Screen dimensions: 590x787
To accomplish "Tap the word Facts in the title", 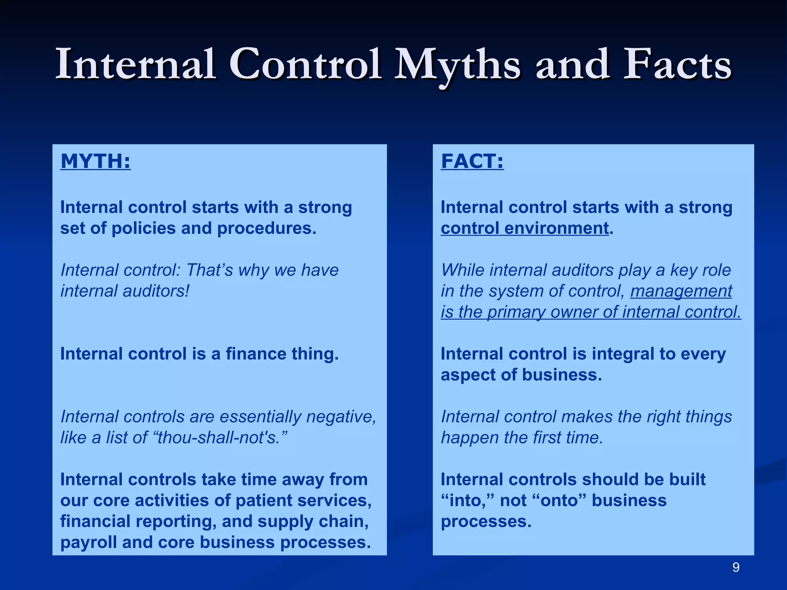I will point(677,65).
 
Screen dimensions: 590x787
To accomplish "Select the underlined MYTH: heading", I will point(95,161).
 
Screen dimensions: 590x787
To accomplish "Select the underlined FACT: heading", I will point(472,161).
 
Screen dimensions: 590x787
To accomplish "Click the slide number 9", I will point(736,567).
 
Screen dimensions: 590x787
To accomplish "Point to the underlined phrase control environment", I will point(525,228).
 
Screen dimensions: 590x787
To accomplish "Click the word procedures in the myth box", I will point(267,228).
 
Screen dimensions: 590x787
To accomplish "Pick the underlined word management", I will point(681,291).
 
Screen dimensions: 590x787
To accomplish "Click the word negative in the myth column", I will point(341,417).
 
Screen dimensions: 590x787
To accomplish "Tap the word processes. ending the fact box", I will point(486,522).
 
